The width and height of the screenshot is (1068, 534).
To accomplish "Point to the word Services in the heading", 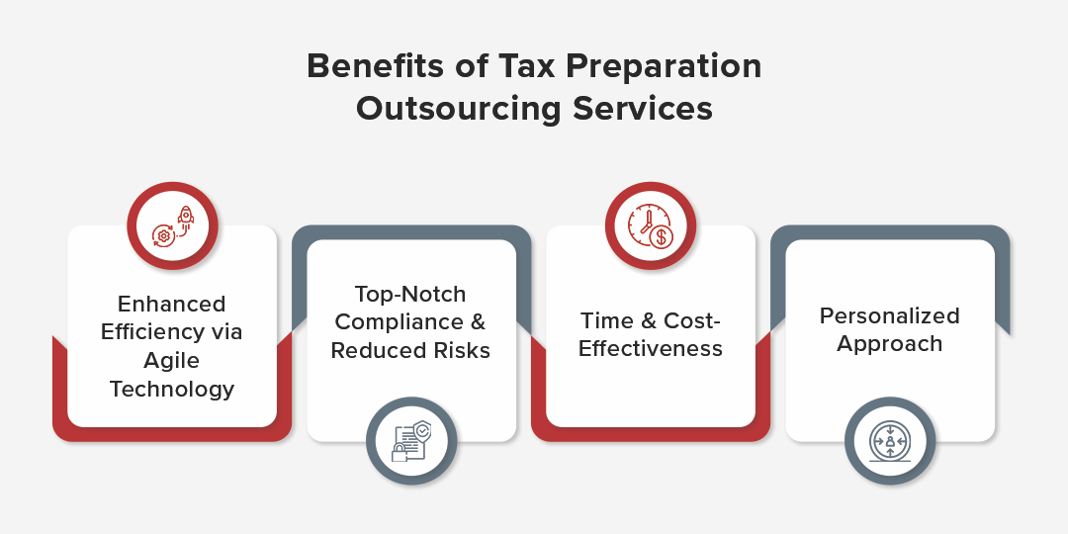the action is tap(643, 109).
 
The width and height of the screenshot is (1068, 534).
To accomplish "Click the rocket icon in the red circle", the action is tap(185, 217).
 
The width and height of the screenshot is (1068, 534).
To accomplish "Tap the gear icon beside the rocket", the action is tap(163, 236).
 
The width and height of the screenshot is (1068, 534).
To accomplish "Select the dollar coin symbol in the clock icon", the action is tap(660, 237).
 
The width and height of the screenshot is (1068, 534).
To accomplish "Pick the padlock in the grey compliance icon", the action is tap(400, 452).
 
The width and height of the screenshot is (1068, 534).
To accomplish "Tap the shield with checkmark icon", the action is tap(422, 431).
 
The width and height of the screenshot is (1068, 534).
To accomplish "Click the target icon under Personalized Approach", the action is tap(890, 441).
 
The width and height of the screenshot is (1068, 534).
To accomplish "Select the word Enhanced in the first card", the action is tap(172, 304).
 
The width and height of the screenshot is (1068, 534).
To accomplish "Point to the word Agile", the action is tap(172, 361).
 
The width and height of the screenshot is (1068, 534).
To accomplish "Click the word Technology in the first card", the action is tap(172, 390).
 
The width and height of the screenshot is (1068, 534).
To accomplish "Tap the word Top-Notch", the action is tap(410, 295).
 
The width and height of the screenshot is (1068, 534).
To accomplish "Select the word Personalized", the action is tap(890, 316).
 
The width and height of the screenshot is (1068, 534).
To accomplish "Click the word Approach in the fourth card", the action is tap(890, 344).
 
